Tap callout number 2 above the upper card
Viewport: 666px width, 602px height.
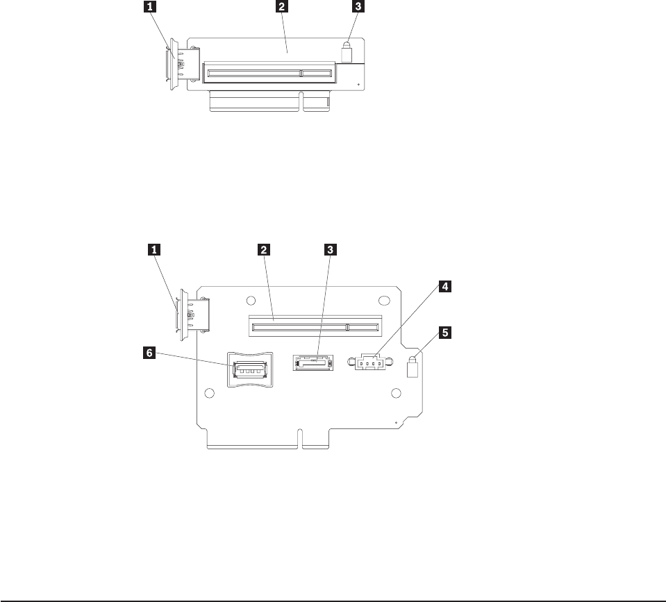click(x=281, y=8)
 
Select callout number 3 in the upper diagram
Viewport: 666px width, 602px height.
click(x=358, y=8)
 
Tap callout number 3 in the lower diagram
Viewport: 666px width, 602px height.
click(x=331, y=248)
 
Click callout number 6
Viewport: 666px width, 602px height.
click(x=147, y=353)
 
